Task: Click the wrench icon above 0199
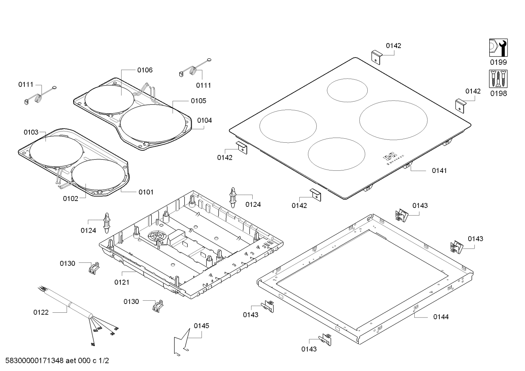tap(498, 48)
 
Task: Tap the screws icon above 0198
tap(498, 79)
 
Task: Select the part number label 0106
tap(145, 70)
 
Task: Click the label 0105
tap(198, 101)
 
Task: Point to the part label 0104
tap(204, 120)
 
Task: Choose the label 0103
tap(31, 132)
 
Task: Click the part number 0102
tap(70, 198)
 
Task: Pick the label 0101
tap(146, 192)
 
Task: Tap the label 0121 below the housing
tap(122, 282)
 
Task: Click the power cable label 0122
tap(41, 312)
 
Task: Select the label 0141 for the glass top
tap(439, 170)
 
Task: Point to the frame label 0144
tap(441, 317)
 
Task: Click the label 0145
tap(201, 326)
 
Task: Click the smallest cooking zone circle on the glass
tap(347, 90)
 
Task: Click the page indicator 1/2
tap(103, 361)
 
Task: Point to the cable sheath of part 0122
tap(69, 302)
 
